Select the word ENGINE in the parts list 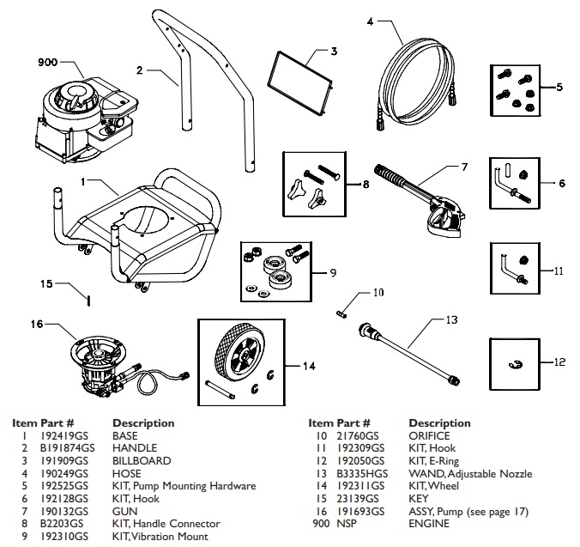point(428,524)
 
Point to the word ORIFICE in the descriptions point(430,435)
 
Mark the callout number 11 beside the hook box point(559,270)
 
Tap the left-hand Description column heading point(143,422)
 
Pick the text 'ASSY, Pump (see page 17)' point(468,511)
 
